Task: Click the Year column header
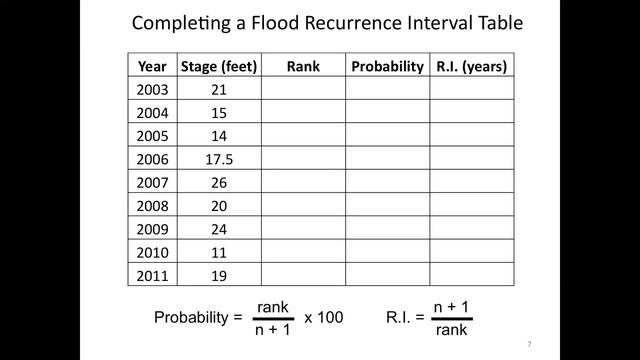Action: (153, 67)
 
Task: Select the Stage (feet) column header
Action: (219, 67)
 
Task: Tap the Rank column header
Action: (302, 67)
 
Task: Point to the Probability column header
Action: (387, 67)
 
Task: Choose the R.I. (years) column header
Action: (472, 67)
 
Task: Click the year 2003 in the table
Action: (153, 90)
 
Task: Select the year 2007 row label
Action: (153, 181)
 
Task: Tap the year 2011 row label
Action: (153, 273)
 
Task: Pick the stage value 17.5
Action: (219, 158)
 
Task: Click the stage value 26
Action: (219, 181)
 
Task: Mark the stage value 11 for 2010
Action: (219, 250)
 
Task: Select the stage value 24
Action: (219, 227)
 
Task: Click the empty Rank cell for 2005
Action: (303, 135)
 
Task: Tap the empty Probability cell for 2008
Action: (388, 204)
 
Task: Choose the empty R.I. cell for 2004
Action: (472, 113)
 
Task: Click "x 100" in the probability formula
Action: (323, 317)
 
